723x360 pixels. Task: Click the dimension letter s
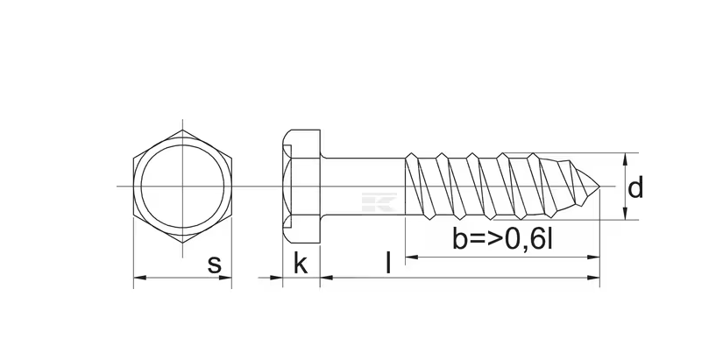215,265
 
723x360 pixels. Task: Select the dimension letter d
635,187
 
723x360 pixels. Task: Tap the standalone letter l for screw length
388,263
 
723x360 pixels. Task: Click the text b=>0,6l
502,239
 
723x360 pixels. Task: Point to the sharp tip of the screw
599,187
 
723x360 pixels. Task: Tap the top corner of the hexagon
182,131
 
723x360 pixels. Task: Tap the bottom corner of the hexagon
182,243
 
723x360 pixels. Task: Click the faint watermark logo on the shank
379,201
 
